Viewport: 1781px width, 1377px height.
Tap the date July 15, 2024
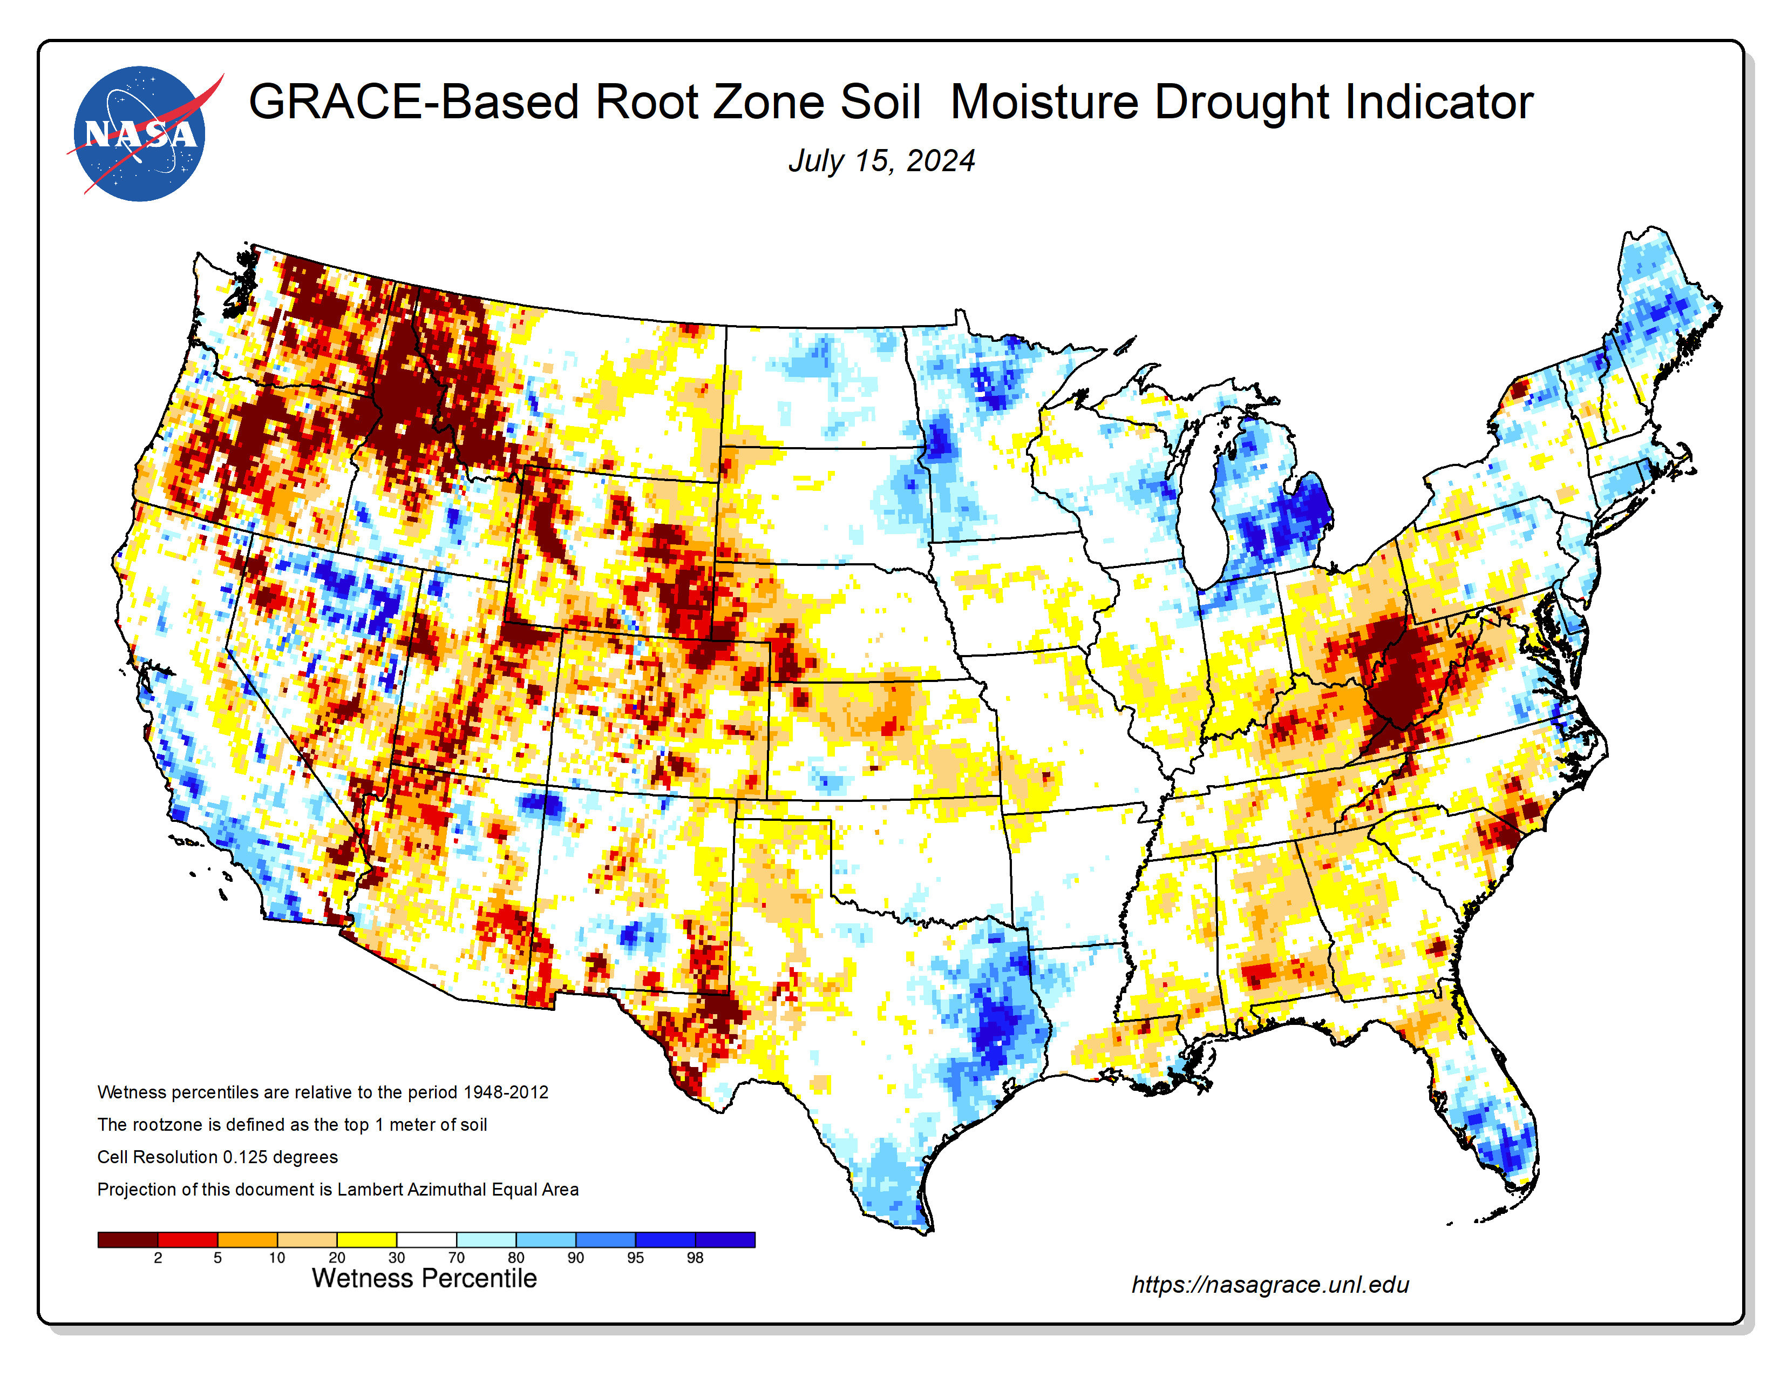click(881, 161)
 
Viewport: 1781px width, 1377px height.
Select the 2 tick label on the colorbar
click(158, 1258)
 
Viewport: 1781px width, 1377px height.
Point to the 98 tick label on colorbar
click(695, 1258)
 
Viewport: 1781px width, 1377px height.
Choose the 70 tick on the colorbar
click(456, 1258)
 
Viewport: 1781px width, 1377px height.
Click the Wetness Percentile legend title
click(424, 1278)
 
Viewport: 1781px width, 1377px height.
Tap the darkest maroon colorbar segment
click(127, 1240)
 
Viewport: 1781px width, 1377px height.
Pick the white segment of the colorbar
click(426, 1240)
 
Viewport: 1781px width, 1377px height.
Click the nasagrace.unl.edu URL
click(1270, 1285)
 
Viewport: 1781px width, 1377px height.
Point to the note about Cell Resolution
click(217, 1157)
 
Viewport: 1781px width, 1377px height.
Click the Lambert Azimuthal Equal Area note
click(338, 1190)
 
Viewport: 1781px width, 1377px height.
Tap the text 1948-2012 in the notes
click(506, 1092)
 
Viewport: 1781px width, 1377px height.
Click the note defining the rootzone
click(292, 1125)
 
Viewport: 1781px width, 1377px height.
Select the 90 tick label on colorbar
click(576, 1258)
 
